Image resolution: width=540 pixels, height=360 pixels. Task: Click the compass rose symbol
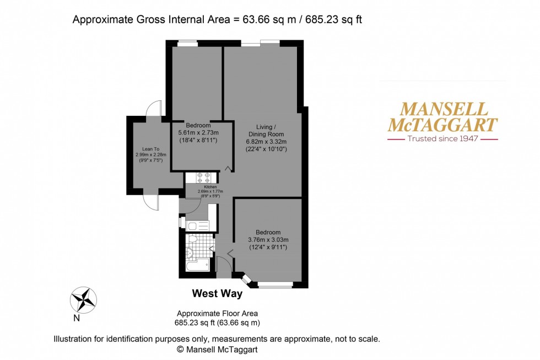pos(83,300)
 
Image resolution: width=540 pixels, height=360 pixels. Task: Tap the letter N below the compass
pos(77,318)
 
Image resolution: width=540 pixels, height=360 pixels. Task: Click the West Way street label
pos(217,294)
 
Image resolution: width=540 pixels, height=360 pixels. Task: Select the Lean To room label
pos(150,149)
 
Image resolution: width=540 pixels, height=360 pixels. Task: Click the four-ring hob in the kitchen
pos(202,178)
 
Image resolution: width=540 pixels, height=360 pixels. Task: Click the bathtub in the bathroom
pos(197,265)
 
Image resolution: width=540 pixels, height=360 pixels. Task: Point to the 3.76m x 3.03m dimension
pos(268,240)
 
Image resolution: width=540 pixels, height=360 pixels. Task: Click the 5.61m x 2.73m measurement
pos(198,133)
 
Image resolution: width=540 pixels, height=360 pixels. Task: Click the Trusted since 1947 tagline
pos(442,139)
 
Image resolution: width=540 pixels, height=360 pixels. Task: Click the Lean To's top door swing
pos(154,108)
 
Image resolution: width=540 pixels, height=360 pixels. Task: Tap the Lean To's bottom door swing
pos(151,202)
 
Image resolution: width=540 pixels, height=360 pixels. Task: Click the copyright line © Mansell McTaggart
pos(217,350)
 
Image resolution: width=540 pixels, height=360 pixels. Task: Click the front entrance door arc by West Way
pos(224,265)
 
